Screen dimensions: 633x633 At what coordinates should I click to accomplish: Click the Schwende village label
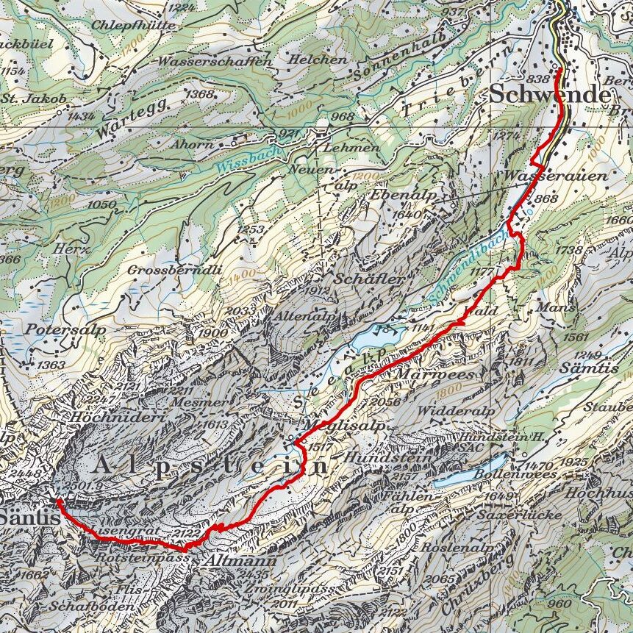pos(549,96)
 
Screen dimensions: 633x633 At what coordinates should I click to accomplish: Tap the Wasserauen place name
pos(557,176)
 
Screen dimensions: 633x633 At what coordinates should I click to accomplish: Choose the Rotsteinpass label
pos(143,559)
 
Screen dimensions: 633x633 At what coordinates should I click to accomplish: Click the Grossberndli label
pos(174,270)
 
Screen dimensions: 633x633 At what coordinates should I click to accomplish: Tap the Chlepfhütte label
pos(134,25)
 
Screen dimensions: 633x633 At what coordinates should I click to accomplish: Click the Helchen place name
pos(318,59)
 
